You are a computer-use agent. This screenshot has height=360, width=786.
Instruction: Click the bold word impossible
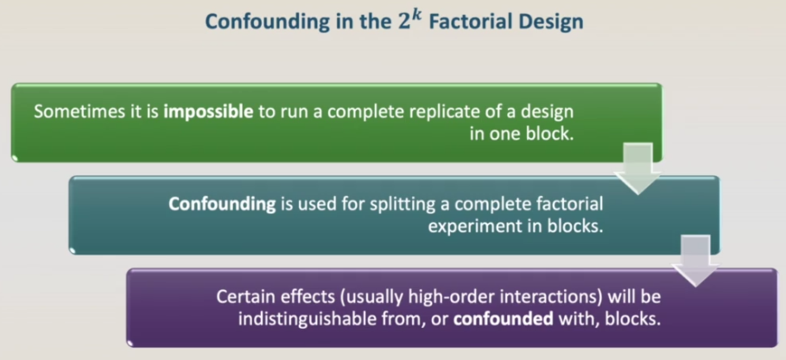208,111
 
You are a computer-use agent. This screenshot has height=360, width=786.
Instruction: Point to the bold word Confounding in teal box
222,205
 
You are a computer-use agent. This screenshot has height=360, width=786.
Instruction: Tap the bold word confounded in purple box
503,319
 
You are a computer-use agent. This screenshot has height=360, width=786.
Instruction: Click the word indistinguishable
305,319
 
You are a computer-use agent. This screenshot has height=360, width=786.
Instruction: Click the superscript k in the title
417,16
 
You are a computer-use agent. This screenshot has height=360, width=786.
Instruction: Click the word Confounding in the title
261,22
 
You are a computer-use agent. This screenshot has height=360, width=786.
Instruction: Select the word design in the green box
546,111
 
